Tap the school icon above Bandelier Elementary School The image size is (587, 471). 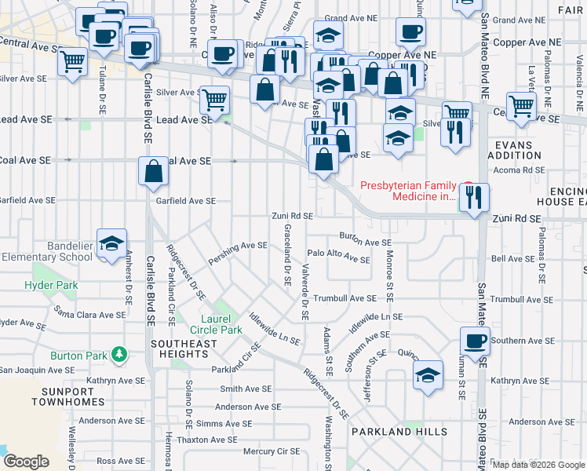[x=111, y=243]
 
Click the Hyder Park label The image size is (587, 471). [x=51, y=286]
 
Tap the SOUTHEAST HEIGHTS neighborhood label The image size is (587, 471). [x=184, y=349]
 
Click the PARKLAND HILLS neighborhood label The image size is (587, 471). [x=399, y=432]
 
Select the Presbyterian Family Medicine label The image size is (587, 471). [x=408, y=192]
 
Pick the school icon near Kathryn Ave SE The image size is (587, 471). [x=428, y=376]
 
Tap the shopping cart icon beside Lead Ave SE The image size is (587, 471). [x=214, y=100]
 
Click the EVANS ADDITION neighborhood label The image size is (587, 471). [x=520, y=151]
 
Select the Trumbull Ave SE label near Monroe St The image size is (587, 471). [x=345, y=299]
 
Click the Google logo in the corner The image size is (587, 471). [x=26, y=462]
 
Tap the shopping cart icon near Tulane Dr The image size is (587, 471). [x=72, y=62]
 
